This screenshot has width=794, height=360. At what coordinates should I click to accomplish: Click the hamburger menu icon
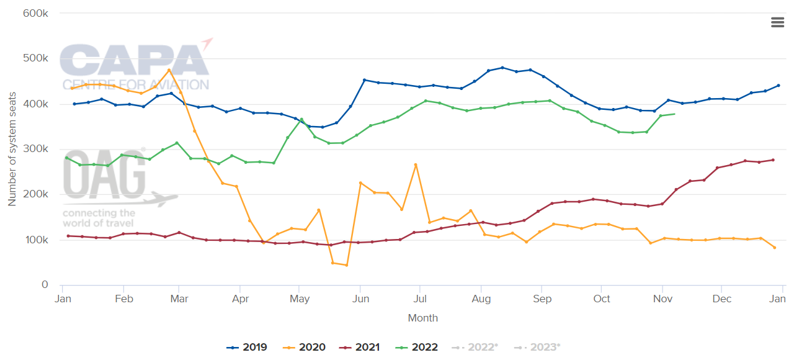click(777, 22)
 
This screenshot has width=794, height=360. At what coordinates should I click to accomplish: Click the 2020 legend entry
click(305, 348)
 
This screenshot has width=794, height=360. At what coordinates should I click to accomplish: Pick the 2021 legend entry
click(360, 348)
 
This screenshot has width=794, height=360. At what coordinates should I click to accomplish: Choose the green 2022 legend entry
click(417, 348)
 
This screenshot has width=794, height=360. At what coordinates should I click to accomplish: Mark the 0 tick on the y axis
click(45, 285)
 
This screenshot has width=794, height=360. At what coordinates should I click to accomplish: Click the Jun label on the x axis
click(360, 299)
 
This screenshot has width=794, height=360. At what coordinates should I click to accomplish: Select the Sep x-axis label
click(542, 299)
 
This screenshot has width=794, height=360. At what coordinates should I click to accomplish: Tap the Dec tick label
click(721, 299)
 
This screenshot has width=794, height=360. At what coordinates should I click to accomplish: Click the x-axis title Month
click(422, 318)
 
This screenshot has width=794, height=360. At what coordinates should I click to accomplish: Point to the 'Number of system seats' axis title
click(12, 150)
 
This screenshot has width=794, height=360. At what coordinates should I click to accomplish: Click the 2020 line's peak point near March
click(169, 70)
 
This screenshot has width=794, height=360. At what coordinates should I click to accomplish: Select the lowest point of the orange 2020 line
click(346, 265)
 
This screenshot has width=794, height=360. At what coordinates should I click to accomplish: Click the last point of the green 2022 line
click(674, 114)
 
